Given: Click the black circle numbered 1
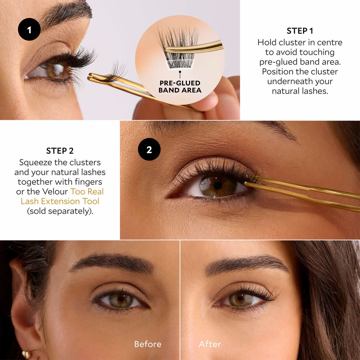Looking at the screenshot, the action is (29, 30).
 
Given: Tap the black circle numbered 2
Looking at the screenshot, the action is (149, 149).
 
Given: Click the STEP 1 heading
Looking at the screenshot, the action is (300, 31).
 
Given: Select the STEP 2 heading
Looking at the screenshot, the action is (60, 151).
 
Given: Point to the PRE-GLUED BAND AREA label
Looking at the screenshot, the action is (180, 86).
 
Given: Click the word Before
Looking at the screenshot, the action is (148, 344).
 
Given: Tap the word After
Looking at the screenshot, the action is (210, 344).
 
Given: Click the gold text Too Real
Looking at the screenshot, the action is (87, 192).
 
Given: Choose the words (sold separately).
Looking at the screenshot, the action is (60, 211).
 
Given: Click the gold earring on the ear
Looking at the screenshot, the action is (26, 355).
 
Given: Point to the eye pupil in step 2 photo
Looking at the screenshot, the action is (217, 185).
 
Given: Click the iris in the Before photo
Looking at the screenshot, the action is (121, 299).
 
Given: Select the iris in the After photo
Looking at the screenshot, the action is (240, 298).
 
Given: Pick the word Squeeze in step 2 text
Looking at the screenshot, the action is (35, 163).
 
